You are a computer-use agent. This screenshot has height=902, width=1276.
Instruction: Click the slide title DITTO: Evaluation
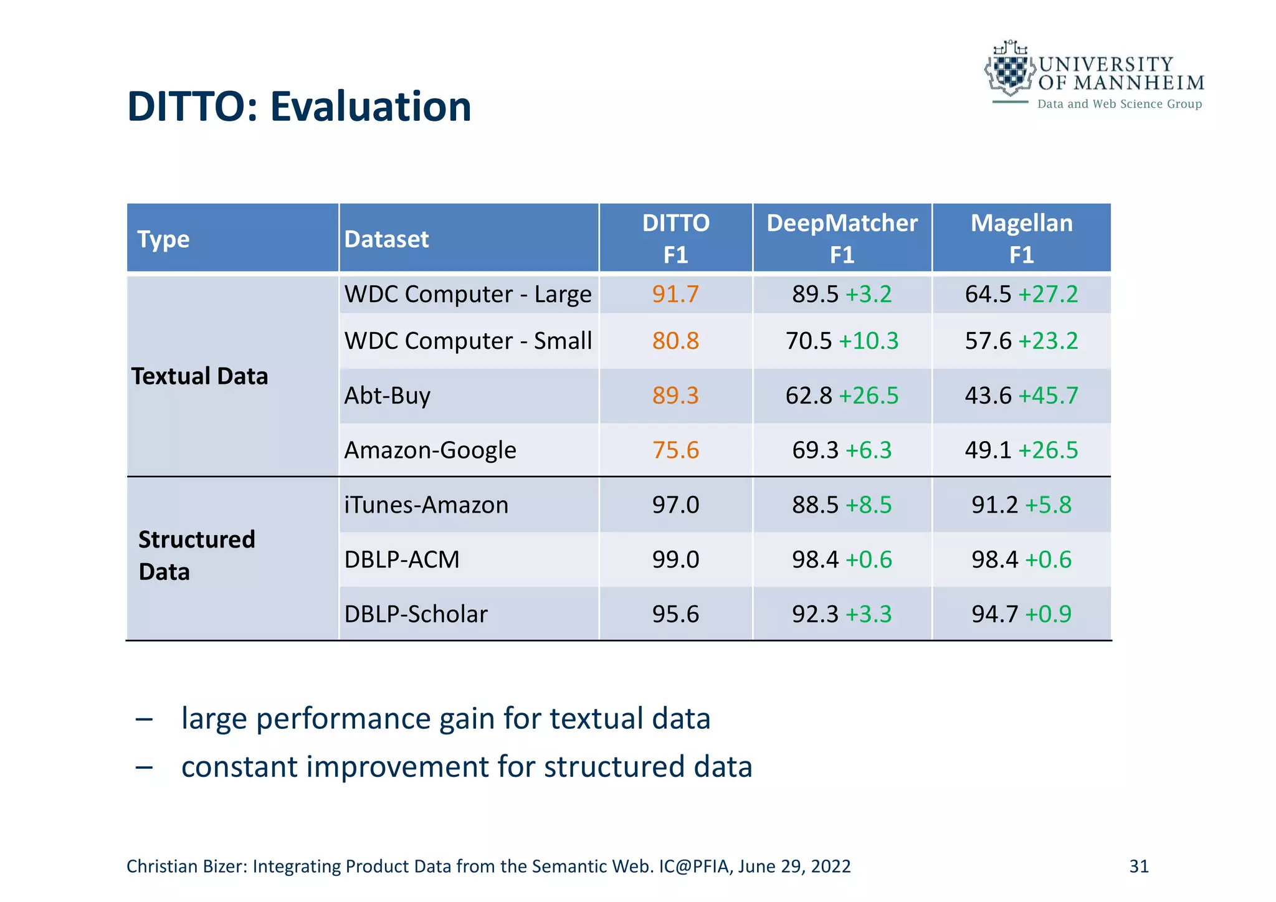299,107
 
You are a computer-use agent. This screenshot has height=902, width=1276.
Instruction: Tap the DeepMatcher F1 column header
842,239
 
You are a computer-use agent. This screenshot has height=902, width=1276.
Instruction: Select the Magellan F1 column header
1021,239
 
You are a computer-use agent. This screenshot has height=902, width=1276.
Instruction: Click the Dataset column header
386,239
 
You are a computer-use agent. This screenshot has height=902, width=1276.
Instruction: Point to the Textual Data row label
199,376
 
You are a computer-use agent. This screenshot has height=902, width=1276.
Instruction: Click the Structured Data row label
196,555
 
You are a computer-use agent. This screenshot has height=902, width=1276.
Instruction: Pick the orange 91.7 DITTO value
675,294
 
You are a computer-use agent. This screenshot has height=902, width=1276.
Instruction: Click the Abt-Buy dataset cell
387,396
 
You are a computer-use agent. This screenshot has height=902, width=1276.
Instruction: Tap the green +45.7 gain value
1048,396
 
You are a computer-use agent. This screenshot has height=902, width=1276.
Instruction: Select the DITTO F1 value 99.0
675,559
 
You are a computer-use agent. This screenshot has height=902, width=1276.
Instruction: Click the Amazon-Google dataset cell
430,450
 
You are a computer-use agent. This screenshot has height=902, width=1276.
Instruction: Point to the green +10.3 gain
869,341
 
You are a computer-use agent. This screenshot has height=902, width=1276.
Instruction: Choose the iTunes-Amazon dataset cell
426,505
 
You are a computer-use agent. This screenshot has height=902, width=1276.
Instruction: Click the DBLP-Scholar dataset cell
416,614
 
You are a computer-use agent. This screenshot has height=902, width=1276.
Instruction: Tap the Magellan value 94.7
994,614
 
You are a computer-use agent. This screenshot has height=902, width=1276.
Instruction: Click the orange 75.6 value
675,450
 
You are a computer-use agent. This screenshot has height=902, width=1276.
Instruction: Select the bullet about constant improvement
466,767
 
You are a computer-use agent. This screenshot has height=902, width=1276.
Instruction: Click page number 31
1138,866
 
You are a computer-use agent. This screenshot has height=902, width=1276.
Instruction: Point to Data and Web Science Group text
1119,104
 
